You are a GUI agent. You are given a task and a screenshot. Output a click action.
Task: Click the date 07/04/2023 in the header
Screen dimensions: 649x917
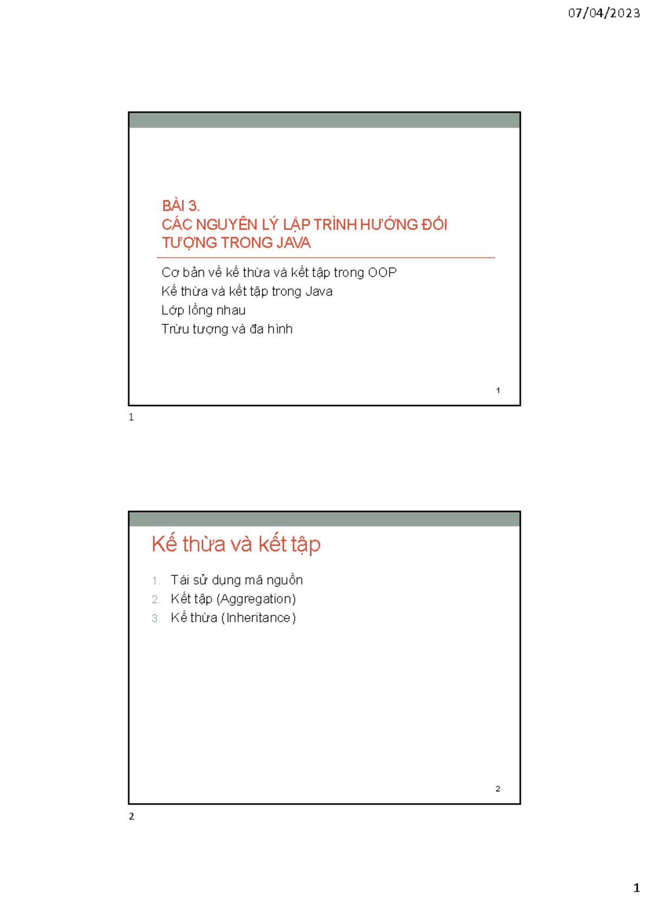click(604, 13)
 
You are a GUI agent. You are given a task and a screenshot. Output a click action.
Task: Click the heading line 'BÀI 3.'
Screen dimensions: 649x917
click(181, 205)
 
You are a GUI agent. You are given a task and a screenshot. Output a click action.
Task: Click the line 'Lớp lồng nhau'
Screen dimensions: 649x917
click(203, 310)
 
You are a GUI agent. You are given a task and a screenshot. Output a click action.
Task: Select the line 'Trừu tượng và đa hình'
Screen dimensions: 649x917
click(227, 329)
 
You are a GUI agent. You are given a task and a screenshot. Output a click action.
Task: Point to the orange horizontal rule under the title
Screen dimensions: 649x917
click(326, 258)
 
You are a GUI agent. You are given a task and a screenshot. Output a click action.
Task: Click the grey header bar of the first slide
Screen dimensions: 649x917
click(325, 121)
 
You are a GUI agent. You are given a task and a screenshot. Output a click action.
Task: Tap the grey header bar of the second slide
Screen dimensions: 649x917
click(325, 519)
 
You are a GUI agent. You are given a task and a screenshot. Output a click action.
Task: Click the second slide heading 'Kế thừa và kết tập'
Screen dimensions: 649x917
click(236, 545)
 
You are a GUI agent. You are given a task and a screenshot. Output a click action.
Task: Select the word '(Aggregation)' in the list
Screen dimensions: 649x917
click(256, 599)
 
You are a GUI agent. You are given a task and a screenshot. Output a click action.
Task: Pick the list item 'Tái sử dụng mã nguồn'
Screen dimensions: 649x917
click(237, 580)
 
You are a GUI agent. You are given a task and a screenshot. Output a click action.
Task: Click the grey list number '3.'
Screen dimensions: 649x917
click(156, 618)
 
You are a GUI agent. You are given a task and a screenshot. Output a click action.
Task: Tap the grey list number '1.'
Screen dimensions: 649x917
click(156, 581)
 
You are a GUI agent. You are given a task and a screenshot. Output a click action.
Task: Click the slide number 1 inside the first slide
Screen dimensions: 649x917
click(498, 390)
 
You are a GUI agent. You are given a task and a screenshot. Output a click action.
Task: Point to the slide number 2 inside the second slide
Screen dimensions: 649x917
click(498, 788)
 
